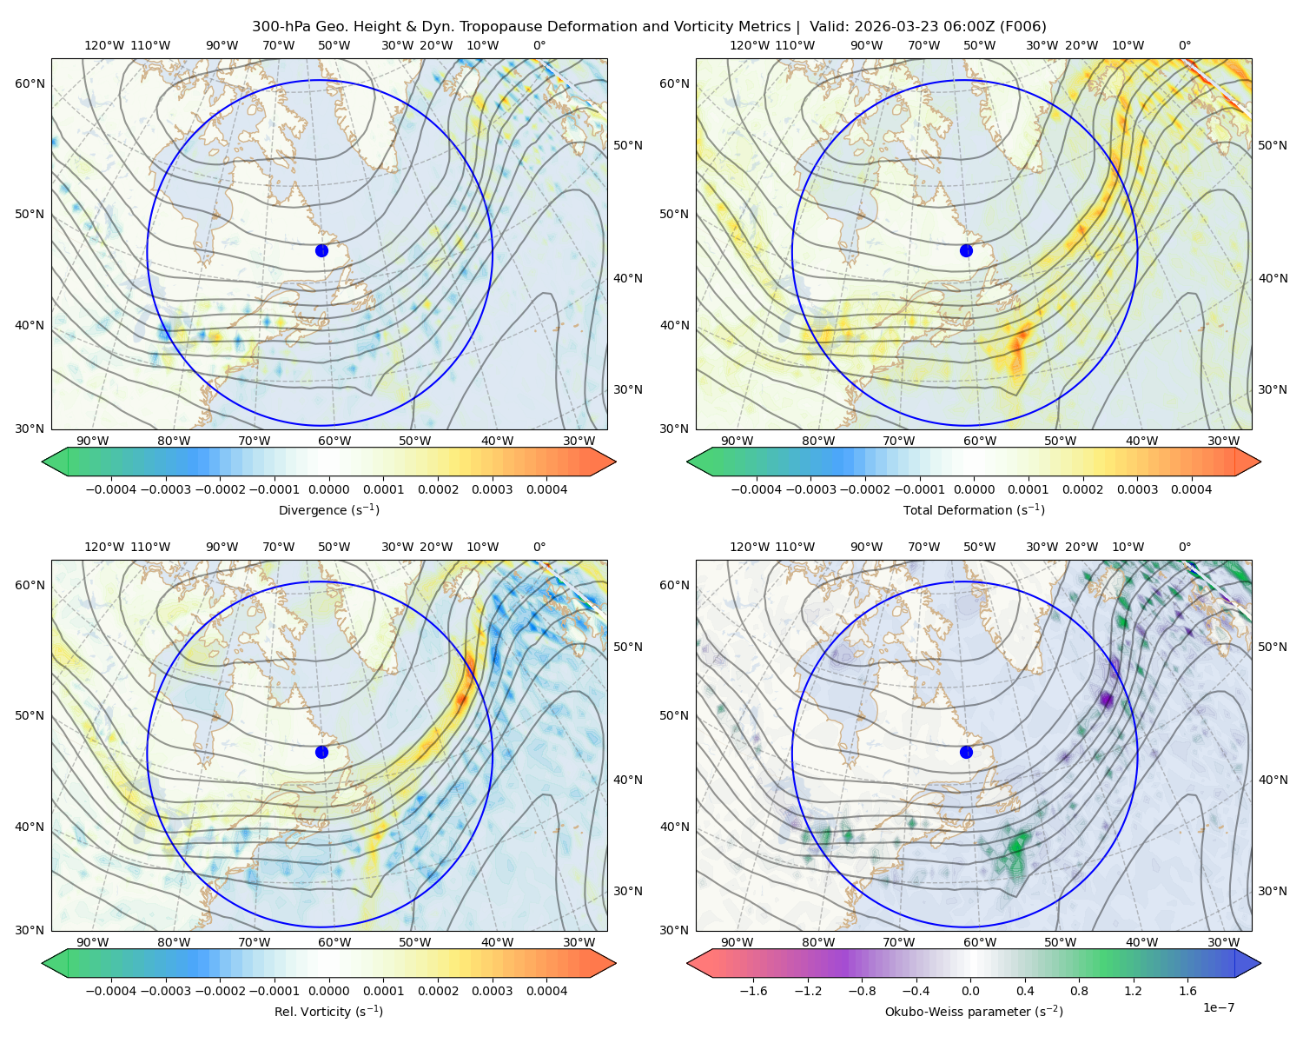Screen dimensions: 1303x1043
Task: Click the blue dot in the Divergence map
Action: [321, 250]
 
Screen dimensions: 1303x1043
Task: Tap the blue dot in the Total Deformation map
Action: [966, 250]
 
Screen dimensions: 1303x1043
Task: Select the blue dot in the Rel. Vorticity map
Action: [321, 752]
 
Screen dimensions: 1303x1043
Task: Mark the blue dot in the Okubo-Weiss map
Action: [966, 752]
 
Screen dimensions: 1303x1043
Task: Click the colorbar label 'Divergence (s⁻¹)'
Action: [328, 509]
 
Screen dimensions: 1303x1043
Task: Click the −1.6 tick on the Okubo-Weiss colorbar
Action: [753, 990]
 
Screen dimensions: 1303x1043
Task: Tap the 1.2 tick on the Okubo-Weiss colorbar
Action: [1133, 990]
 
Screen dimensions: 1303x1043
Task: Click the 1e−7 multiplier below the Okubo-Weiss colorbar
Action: [1218, 1007]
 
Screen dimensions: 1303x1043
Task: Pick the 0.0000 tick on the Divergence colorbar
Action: [328, 489]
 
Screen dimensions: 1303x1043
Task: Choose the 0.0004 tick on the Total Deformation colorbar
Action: [1191, 489]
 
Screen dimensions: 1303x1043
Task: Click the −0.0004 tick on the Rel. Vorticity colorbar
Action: [111, 990]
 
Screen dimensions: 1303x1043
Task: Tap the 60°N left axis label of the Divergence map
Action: [30, 83]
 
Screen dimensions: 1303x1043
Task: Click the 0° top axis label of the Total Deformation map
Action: [1184, 45]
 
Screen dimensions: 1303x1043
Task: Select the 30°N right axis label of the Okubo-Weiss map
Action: [1272, 890]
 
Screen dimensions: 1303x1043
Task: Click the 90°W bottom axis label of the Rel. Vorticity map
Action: [93, 942]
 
